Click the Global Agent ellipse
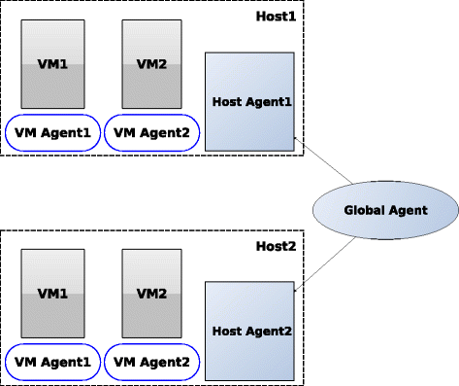[x=385, y=211]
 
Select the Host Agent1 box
[x=249, y=101]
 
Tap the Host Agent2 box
[x=249, y=330]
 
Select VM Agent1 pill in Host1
[x=51, y=133]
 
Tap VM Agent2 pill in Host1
[x=150, y=133]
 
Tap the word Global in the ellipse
[x=364, y=211]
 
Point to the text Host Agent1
[x=249, y=101]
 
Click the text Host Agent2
[x=249, y=330]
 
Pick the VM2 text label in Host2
[x=151, y=293]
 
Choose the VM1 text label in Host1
[x=53, y=65]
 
